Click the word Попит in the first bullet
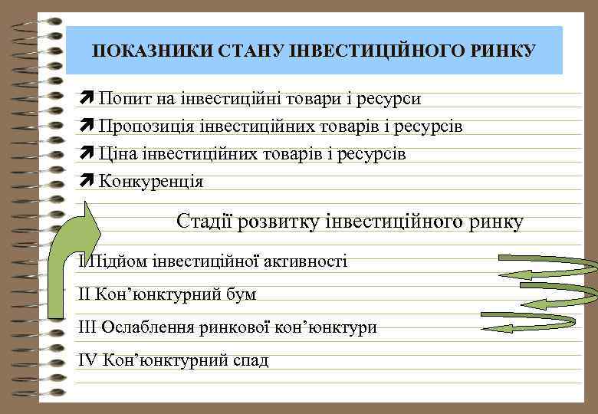(x=123, y=99)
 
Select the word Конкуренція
(x=151, y=182)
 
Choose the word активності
(x=305, y=261)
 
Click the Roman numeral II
(x=85, y=294)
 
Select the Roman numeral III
(x=87, y=327)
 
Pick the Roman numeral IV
(x=87, y=360)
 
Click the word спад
(x=251, y=360)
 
